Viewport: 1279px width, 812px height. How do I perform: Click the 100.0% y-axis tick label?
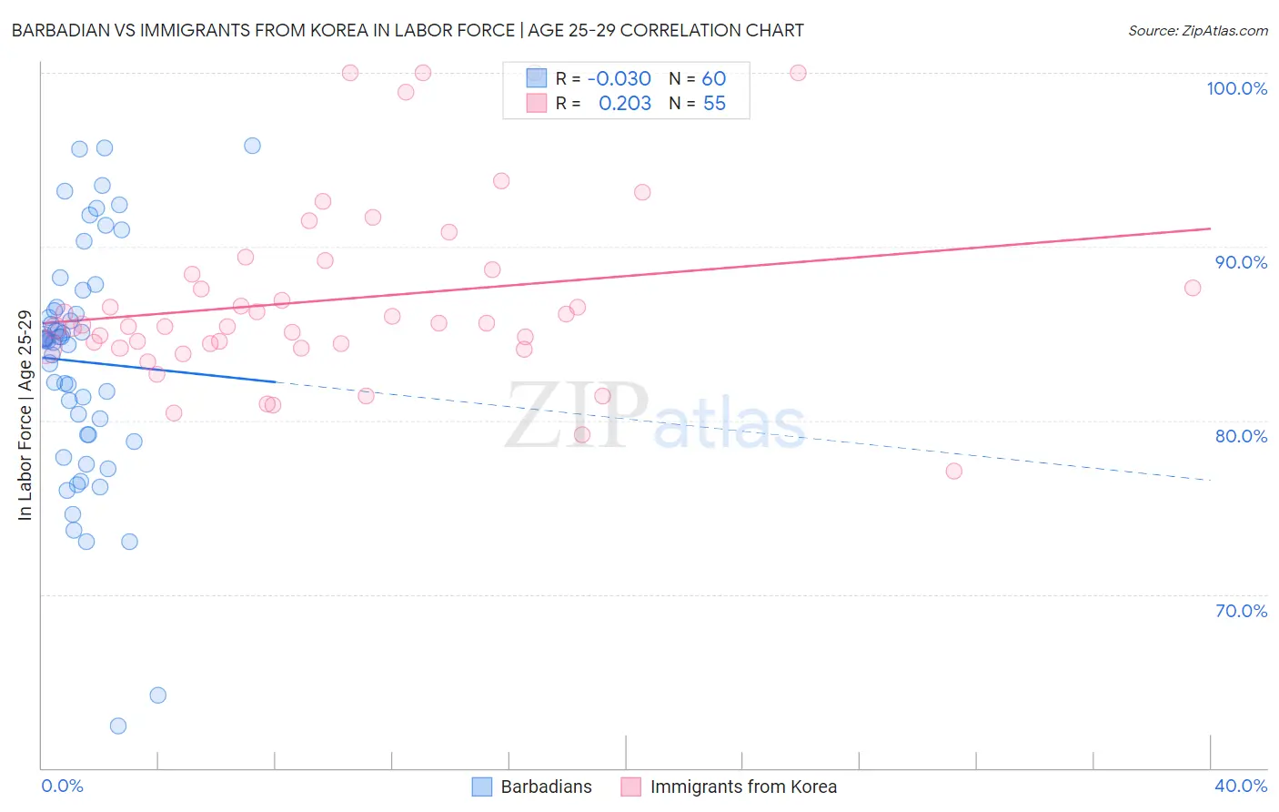[x=1236, y=88]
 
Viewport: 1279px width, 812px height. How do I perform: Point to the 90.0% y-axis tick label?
[x=1241, y=262]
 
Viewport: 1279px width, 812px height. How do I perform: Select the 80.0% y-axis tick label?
[x=1241, y=436]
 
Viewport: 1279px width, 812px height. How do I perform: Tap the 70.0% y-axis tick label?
[x=1241, y=611]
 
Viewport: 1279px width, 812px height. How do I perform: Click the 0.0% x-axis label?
[x=62, y=786]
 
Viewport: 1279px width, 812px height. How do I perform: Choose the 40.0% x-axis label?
[x=1241, y=786]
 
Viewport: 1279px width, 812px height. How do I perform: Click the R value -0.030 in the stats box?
[x=619, y=79]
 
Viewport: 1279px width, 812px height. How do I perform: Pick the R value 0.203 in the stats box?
[x=625, y=104]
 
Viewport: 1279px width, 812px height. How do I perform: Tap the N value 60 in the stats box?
[x=714, y=79]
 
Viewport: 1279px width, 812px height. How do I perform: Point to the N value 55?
[x=714, y=104]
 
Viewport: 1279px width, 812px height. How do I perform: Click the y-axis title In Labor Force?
[x=25, y=415]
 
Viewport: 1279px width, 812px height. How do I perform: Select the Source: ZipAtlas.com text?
[x=1197, y=31]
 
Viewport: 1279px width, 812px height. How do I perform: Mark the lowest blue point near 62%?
[x=117, y=726]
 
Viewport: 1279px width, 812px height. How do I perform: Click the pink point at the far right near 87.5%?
[x=1193, y=288]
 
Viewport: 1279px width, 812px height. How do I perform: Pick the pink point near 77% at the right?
[x=953, y=471]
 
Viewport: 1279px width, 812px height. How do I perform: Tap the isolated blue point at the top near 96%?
[x=252, y=146]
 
